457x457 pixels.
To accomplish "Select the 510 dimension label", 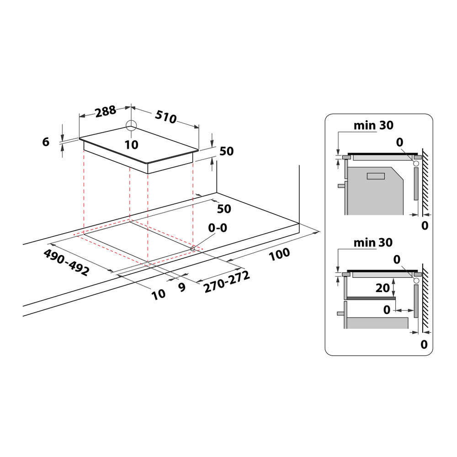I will click(165, 117).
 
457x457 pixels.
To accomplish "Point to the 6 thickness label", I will click(45, 142).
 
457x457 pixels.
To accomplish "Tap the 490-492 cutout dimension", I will click(66, 262).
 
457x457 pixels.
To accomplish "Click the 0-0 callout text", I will click(217, 228).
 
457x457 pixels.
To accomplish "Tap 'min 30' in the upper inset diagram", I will click(373, 125).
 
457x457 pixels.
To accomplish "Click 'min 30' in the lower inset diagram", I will click(373, 242).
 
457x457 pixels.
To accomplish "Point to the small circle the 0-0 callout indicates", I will click(193, 248).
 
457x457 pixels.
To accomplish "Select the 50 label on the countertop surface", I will click(224, 209).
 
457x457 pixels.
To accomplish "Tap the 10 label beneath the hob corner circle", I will click(131, 144).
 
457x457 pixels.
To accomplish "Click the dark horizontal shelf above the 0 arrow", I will click(370, 298).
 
